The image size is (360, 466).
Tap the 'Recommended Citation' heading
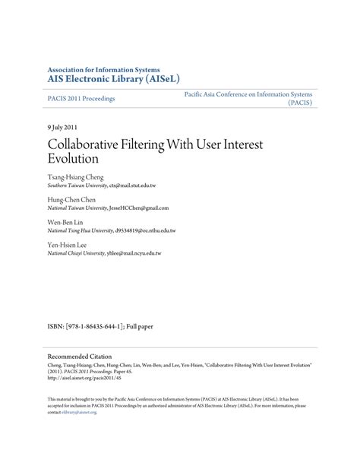(80, 356)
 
